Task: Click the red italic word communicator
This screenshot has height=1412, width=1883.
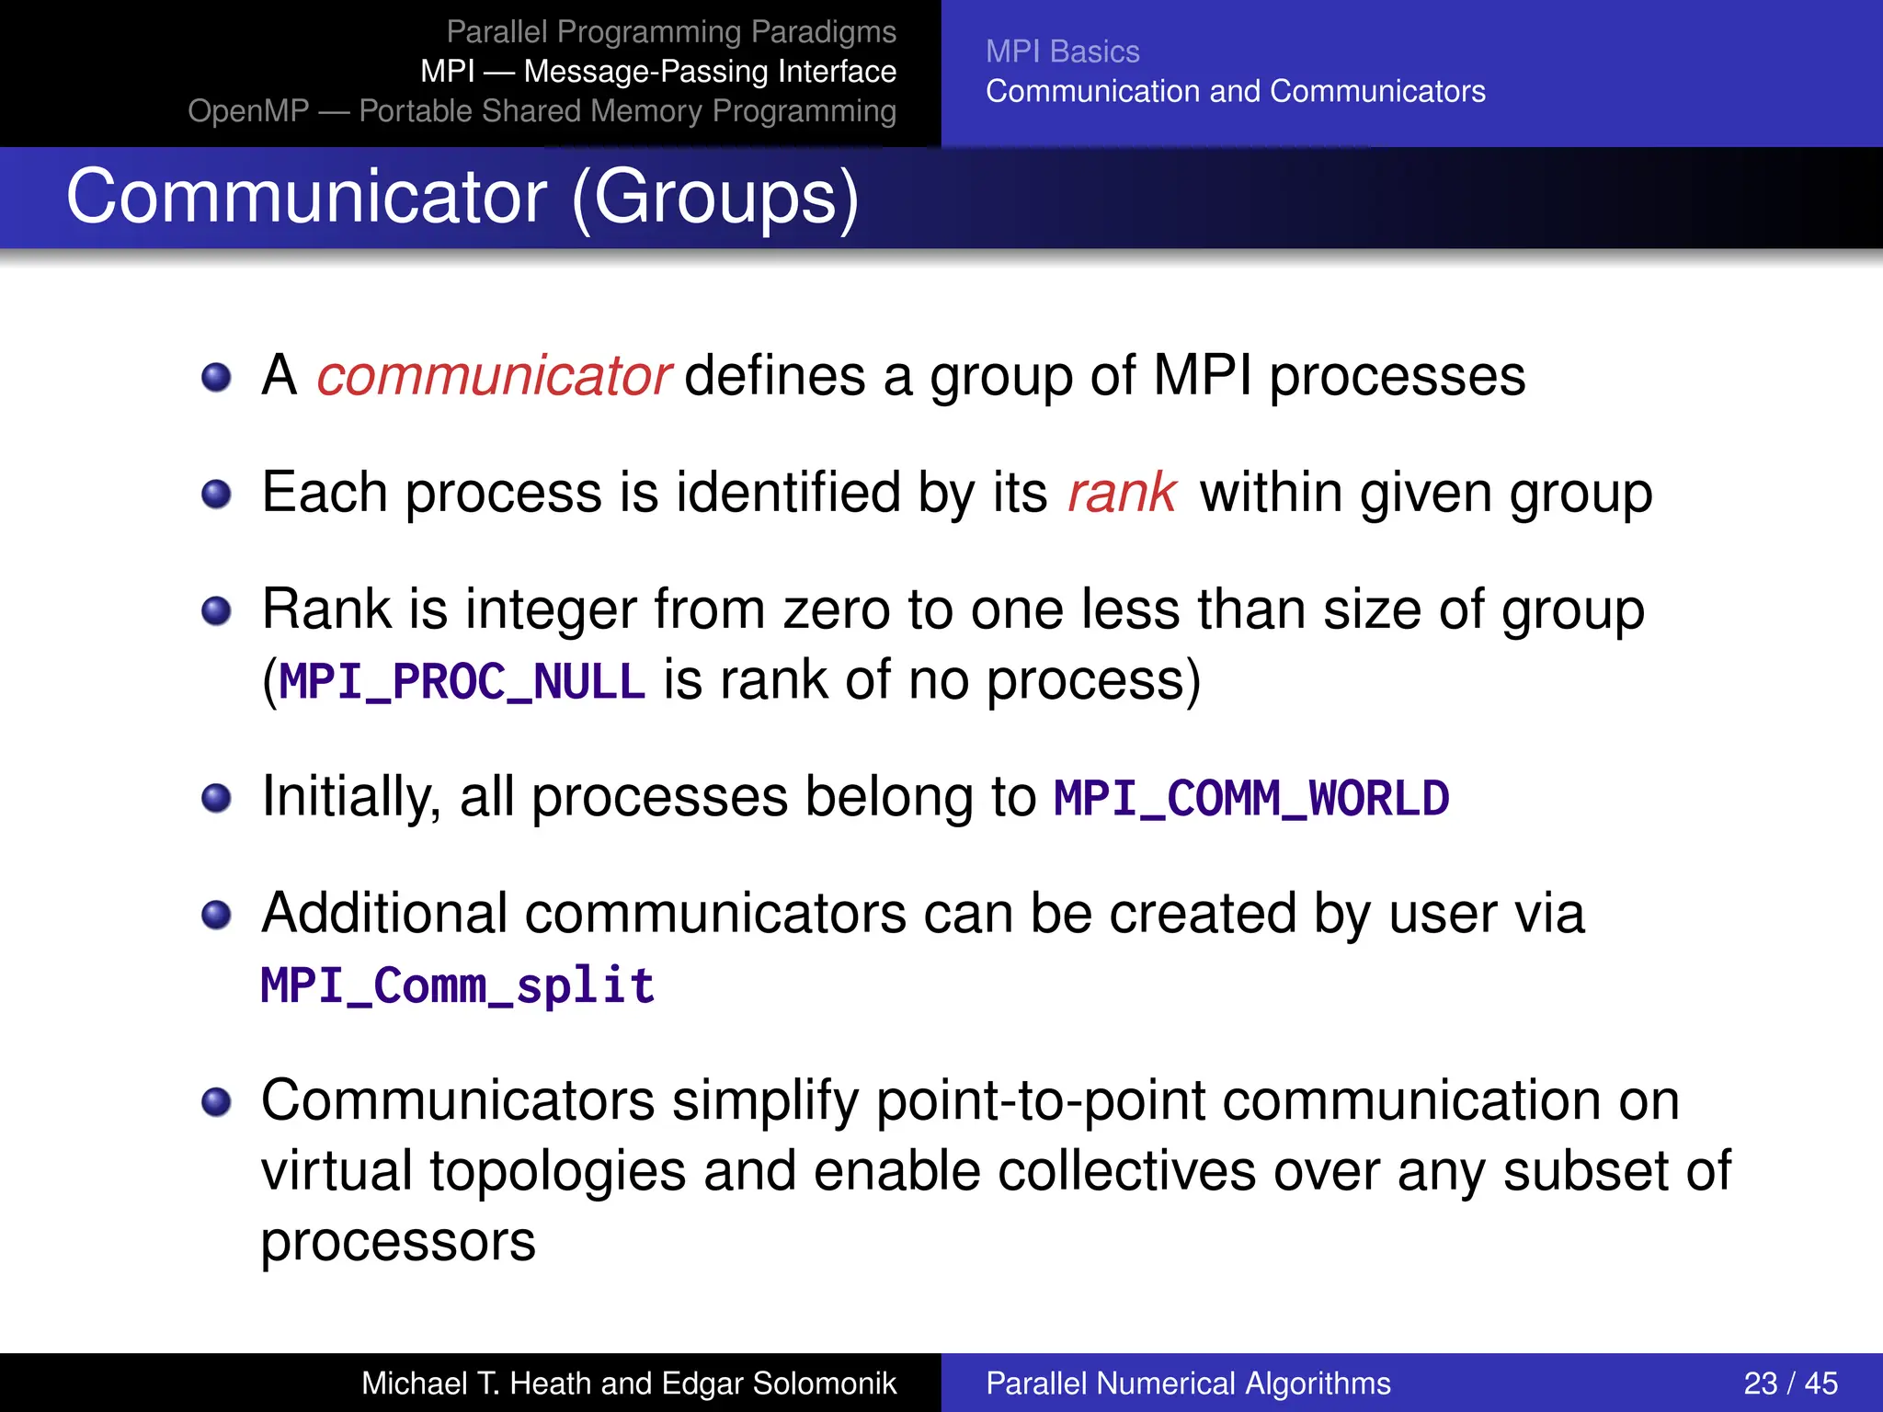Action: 494,376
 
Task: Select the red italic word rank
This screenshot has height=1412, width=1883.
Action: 1122,493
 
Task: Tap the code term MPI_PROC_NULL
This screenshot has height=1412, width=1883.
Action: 462,682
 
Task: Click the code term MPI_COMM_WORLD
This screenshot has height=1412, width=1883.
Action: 1251,798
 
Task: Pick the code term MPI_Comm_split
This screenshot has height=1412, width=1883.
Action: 457,986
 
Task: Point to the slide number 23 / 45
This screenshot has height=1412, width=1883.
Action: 1790,1383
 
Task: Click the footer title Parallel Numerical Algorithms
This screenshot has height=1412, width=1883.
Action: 1188,1383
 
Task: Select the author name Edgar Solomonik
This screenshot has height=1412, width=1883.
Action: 779,1383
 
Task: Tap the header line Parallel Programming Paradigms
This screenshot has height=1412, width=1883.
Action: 671,32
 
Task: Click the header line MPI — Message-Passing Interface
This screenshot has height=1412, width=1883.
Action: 658,72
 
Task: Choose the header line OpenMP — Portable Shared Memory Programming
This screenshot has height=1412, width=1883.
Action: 542,111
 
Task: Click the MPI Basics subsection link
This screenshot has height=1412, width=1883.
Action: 1062,51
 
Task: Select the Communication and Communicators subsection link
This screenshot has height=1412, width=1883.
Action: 1235,91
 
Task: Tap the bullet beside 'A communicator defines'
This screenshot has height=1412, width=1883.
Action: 216,377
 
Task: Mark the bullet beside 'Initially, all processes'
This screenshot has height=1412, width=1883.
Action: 216,798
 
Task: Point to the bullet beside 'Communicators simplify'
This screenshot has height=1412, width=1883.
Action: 216,1101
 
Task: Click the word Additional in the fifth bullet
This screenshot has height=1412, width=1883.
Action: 383,914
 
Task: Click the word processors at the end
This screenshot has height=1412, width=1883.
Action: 397,1242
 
